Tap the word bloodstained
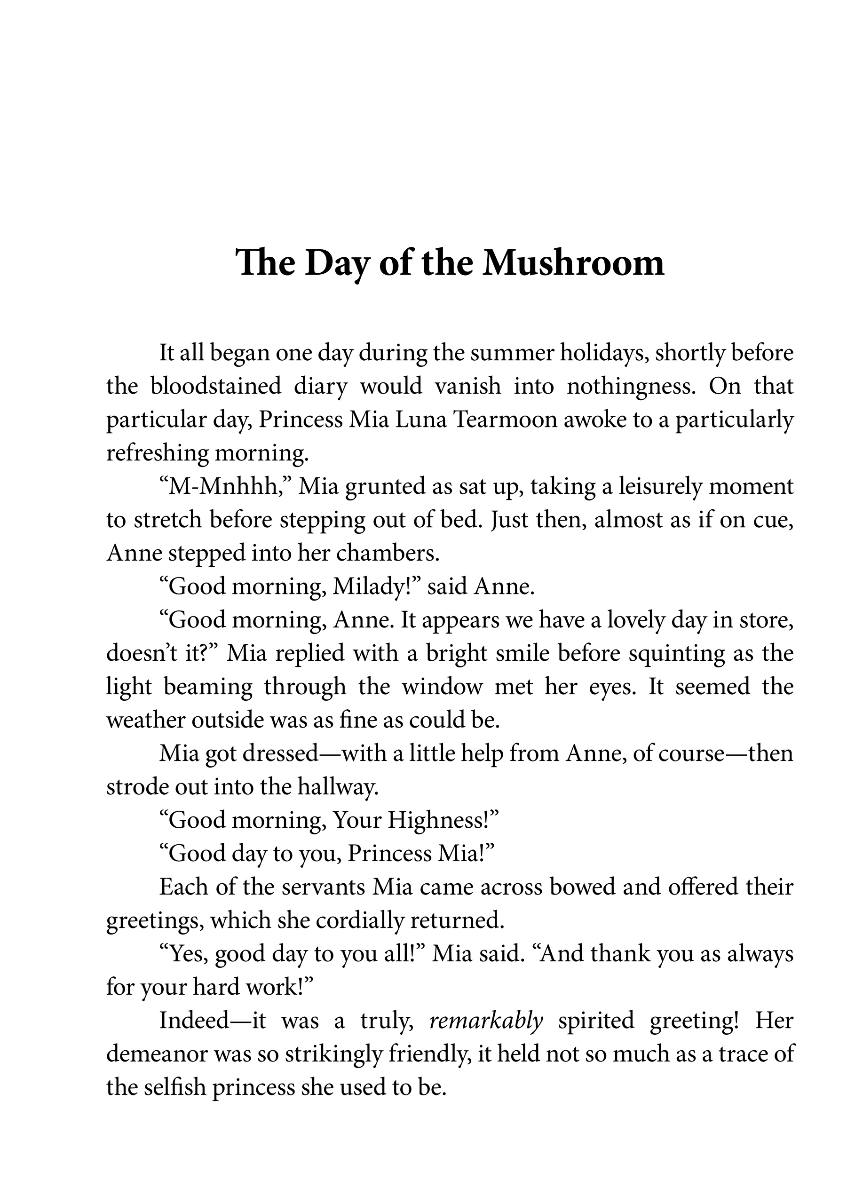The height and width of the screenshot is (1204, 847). point(216,387)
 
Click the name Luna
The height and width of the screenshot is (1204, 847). point(420,420)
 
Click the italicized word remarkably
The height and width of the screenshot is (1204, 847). point(486,1021)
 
